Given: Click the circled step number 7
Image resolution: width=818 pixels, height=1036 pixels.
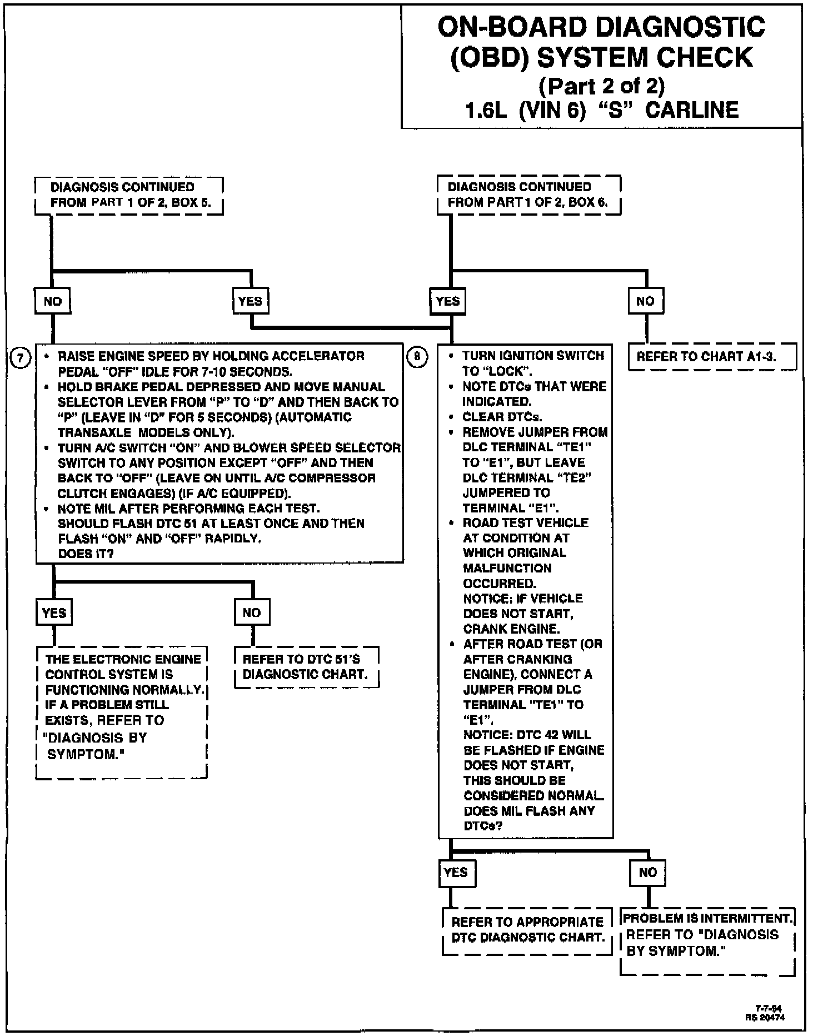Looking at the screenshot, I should point(21,357).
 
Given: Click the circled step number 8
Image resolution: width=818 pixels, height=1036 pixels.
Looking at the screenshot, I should point(417,356).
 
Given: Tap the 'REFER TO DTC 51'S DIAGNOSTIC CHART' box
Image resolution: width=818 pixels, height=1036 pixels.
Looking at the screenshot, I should point(306,667).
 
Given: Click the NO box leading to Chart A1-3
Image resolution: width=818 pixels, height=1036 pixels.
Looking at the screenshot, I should point(646,301).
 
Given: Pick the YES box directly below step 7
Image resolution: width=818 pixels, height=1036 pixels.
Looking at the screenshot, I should point(54,612).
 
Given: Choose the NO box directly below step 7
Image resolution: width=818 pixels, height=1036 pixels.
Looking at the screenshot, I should point(252,612).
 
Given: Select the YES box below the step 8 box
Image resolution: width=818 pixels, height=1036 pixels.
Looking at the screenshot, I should point(456,872).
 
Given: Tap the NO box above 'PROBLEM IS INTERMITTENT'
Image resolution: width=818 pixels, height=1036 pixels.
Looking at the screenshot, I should point(647,872).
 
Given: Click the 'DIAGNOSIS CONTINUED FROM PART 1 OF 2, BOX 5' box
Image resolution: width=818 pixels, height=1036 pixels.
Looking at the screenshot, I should point(129,195).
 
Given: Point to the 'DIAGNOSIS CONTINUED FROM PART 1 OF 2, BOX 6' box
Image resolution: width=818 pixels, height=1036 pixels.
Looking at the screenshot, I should point(528,195).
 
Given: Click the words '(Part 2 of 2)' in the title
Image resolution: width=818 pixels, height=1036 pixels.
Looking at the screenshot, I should point(602,86).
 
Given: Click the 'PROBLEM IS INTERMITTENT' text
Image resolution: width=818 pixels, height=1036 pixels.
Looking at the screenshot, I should point(707,918).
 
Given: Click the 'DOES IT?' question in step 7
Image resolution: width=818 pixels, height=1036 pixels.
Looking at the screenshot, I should point(86,554).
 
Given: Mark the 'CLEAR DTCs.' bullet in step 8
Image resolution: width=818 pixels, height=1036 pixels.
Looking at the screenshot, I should point(502,417).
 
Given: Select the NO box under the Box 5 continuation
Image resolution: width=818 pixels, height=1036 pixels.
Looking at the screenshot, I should point(53,301).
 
